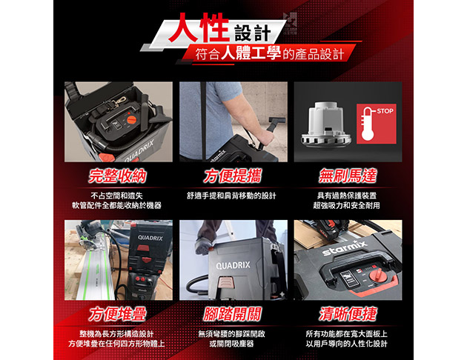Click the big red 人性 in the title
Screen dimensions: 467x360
tap(199, 27)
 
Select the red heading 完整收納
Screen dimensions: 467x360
tap(118, 176)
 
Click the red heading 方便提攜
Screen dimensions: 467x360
tap(233, 176)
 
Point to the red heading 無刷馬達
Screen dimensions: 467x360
tap(348, 176)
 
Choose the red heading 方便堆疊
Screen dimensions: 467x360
tap(118, 314)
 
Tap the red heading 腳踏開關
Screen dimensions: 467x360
tap(232, 314)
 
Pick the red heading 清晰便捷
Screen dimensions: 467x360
tap(348, 314)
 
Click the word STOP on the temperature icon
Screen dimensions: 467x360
tap(385, 111)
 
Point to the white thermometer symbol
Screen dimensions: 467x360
tap(368, 124)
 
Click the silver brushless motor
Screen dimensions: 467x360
tap(326, 124)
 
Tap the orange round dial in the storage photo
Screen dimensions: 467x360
tap(131, 120)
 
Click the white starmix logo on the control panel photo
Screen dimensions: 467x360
tap(344, 247)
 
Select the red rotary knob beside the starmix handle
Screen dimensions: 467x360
tap(376, 276)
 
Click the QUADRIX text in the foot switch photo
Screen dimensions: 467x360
tap(233, 265)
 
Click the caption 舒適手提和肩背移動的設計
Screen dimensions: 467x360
tap(231, 196)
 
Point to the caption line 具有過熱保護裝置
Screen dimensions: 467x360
tap(347, 196)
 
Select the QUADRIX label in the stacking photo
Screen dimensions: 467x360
tap(150, 238)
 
